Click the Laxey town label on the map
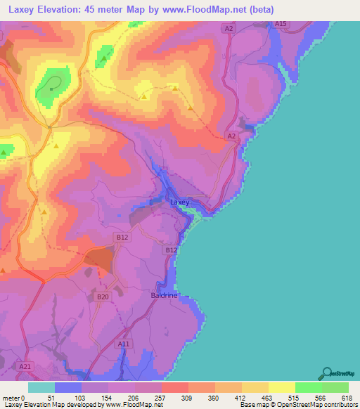click(x=180, y=202)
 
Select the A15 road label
click(x=281, y=24)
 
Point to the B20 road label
click(x=103, y=297)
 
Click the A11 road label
click(x=124, y=344)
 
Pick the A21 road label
click(x=25, y=366)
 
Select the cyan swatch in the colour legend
click(x=41, y=388)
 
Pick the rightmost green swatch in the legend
click(x=335, y=388)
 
